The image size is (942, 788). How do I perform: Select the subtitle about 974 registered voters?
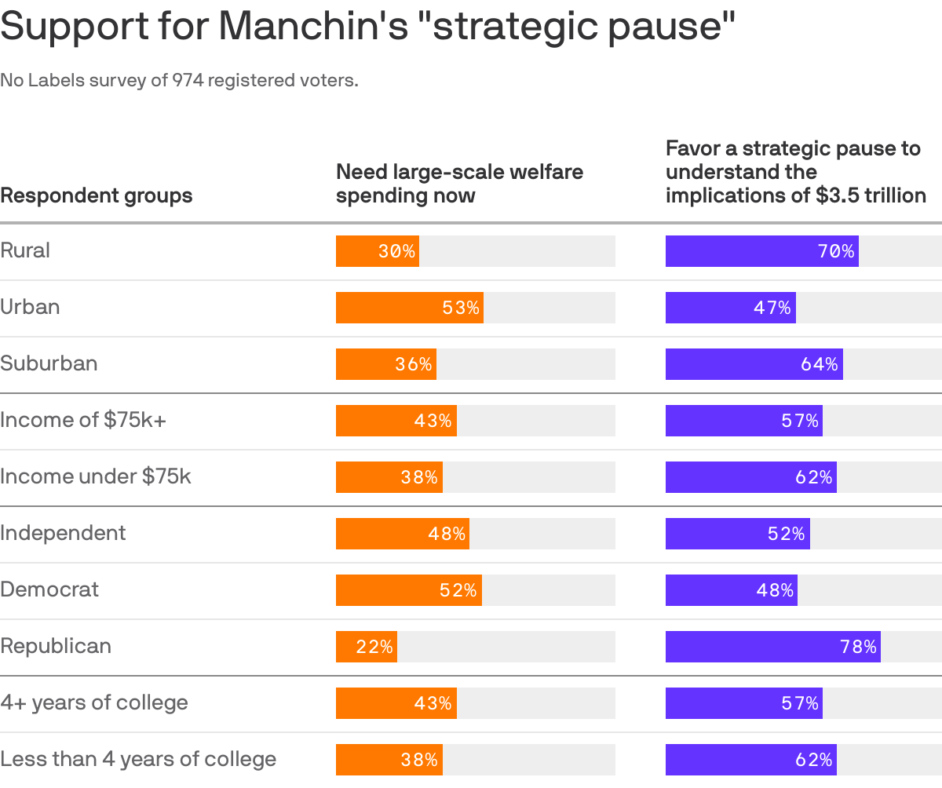(179, 80)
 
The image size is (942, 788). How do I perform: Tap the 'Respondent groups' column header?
(96, 195)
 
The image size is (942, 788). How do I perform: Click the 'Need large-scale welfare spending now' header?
(459, 184)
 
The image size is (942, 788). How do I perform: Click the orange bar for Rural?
(377, 251)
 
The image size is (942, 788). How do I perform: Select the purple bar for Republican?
(772, 647)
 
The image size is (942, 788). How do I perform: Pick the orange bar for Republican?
(366, 647)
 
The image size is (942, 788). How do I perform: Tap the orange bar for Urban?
(409, 308)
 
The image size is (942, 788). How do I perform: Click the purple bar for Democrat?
(731, 590)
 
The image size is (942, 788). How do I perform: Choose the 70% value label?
(835, 251)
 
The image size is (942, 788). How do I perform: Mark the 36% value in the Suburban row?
(414, 364)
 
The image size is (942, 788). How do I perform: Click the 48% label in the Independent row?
(447, 534)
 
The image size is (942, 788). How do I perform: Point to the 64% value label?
(820, 364)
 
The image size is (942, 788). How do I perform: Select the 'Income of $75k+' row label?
(83, 420)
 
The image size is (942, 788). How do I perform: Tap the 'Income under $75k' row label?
(96, 476)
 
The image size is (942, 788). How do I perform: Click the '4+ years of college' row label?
(94, 702)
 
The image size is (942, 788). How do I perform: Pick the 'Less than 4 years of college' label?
(138, 759)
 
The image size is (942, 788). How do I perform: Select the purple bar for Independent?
(737, 534)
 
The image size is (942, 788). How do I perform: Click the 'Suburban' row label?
(49, 363)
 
